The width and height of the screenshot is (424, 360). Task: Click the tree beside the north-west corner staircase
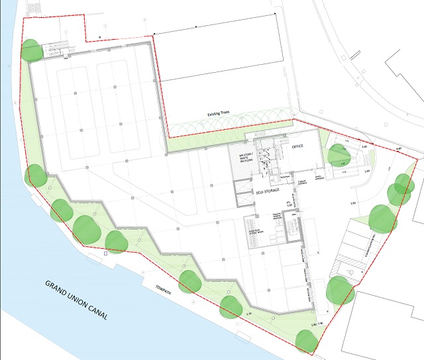pos(32,50)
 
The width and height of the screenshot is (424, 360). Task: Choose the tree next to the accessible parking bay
pos(341,289)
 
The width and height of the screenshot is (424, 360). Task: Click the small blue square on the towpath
pos(107,253)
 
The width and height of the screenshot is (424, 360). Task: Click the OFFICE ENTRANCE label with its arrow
pos(317,177)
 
